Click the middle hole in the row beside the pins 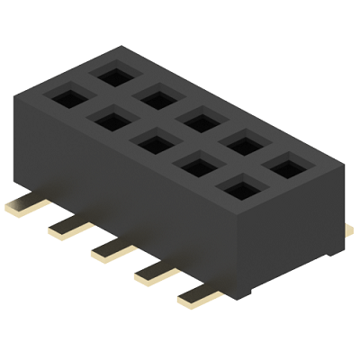(x=151, y=140)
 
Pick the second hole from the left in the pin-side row (x=110, y=118)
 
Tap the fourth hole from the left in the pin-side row (x=195, y=165)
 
